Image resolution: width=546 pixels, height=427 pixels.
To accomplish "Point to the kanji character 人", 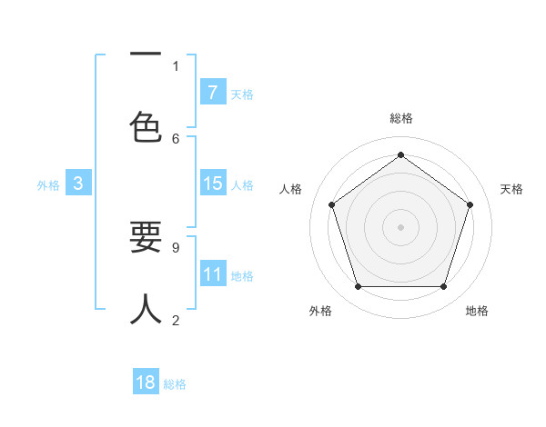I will (146, 309).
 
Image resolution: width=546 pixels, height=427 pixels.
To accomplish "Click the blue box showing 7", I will (213, 92).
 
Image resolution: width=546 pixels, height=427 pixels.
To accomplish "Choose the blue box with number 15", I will (213, 184).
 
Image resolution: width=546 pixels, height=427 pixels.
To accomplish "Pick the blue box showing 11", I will (213, 274).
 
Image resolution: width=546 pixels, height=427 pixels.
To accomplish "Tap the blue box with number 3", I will (78, 184).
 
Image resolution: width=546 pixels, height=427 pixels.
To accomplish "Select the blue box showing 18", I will (146, 382).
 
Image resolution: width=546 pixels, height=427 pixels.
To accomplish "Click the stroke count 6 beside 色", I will (176, 138).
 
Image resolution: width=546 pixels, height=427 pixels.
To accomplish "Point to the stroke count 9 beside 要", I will (176, 246).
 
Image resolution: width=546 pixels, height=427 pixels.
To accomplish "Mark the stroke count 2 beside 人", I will (176, 319).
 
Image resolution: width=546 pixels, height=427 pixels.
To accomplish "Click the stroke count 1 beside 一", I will (176, 65).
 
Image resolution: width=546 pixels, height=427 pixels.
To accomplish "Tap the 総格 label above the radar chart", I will (400, 118).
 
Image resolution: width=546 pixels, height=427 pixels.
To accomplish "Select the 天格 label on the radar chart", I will (512, 189).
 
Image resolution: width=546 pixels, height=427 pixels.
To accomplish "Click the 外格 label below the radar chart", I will (320, 311).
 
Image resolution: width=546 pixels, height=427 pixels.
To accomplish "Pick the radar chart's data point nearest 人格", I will (331, 204).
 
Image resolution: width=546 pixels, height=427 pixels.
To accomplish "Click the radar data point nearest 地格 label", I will (443, 287).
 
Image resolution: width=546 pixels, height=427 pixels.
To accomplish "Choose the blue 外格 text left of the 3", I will (48, 184).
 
